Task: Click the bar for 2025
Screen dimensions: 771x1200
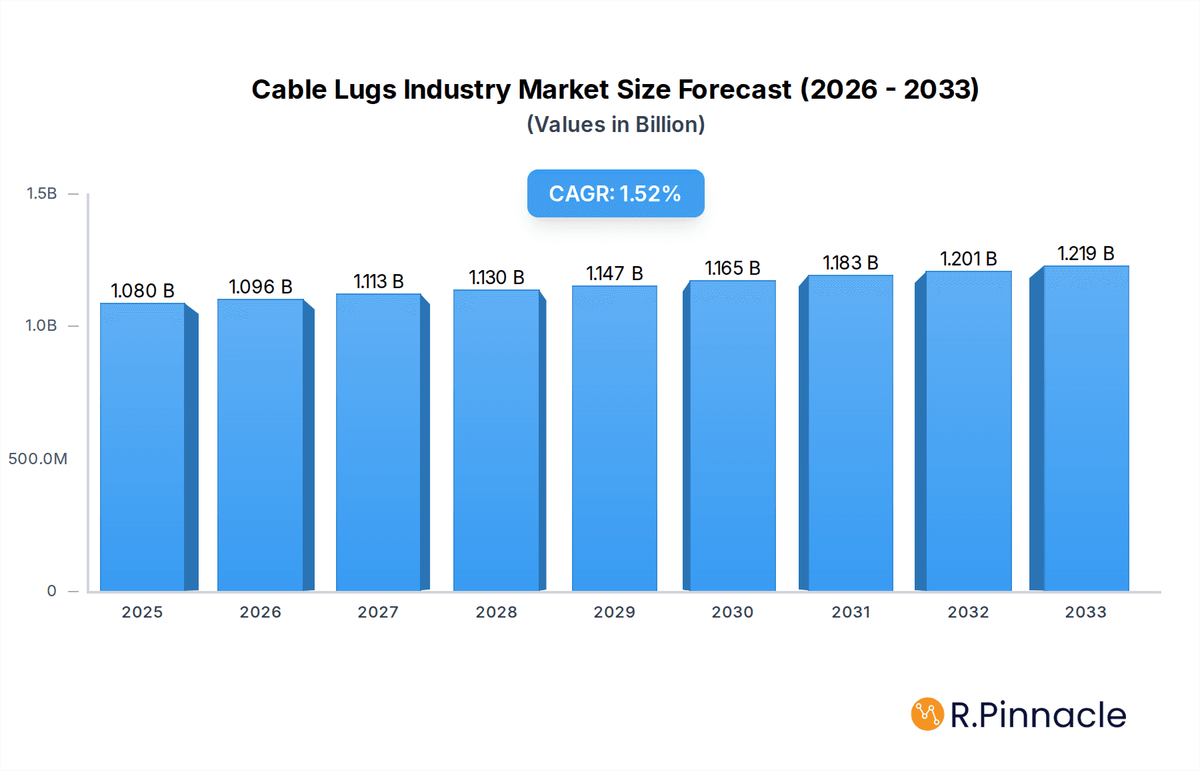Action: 143,447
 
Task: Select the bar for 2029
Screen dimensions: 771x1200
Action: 614,438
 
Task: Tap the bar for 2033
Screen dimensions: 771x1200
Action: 1085,428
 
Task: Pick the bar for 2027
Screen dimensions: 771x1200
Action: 378,442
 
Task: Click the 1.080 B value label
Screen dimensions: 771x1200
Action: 143,291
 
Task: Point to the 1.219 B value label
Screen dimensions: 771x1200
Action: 1085,253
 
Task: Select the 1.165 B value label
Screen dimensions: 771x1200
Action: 732,268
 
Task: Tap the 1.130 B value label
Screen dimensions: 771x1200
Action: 496,277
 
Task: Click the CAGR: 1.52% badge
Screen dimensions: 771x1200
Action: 615,193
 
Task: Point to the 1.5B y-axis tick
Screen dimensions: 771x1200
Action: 41,193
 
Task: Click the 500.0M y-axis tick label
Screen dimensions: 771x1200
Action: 38,459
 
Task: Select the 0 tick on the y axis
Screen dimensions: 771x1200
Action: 51,591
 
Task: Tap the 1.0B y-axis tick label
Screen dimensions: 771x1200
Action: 41,325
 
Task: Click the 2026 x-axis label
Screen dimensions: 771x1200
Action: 260,612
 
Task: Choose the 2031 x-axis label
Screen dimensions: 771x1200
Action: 850,612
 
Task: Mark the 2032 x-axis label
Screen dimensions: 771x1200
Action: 968,612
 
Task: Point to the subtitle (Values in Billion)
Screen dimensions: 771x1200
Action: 615,125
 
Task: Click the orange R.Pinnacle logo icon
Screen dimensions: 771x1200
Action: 927,714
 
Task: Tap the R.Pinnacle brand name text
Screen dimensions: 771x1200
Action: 1037,715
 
